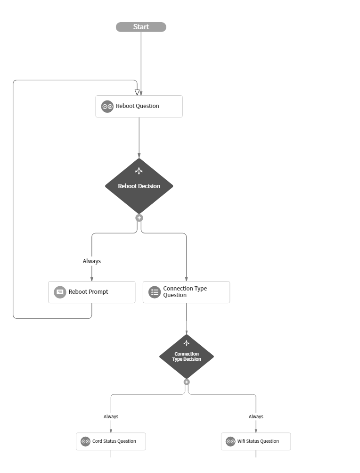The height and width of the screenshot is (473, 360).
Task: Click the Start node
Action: point(141,27)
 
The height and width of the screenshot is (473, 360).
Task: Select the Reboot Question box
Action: point(139,107)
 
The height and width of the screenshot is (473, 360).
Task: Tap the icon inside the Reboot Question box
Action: point(107,107)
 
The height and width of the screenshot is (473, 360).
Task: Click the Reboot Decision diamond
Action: point(139,186)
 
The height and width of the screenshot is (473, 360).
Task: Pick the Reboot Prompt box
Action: point(92,292)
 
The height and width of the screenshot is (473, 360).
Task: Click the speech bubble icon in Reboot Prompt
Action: point(60,292)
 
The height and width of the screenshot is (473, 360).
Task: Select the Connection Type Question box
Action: point(186,292)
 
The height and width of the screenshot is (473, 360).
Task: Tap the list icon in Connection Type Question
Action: point(155,292)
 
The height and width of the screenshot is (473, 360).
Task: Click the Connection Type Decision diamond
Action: point(187,356)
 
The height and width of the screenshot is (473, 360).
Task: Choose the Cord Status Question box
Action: point(111,441)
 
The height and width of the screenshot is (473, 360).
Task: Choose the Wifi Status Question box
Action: point(256,441)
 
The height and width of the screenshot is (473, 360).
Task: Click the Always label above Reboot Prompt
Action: point(92,261)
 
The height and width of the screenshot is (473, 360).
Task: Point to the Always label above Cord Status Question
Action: point(111,416)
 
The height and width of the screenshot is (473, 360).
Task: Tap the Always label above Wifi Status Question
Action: point(256,416)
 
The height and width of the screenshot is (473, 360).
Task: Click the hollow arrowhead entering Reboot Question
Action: point(137,92)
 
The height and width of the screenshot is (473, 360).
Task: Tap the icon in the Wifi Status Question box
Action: point(230,441)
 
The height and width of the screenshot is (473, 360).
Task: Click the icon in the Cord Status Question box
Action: point(85,441)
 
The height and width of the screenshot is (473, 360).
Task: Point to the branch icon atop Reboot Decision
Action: point(139,171)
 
